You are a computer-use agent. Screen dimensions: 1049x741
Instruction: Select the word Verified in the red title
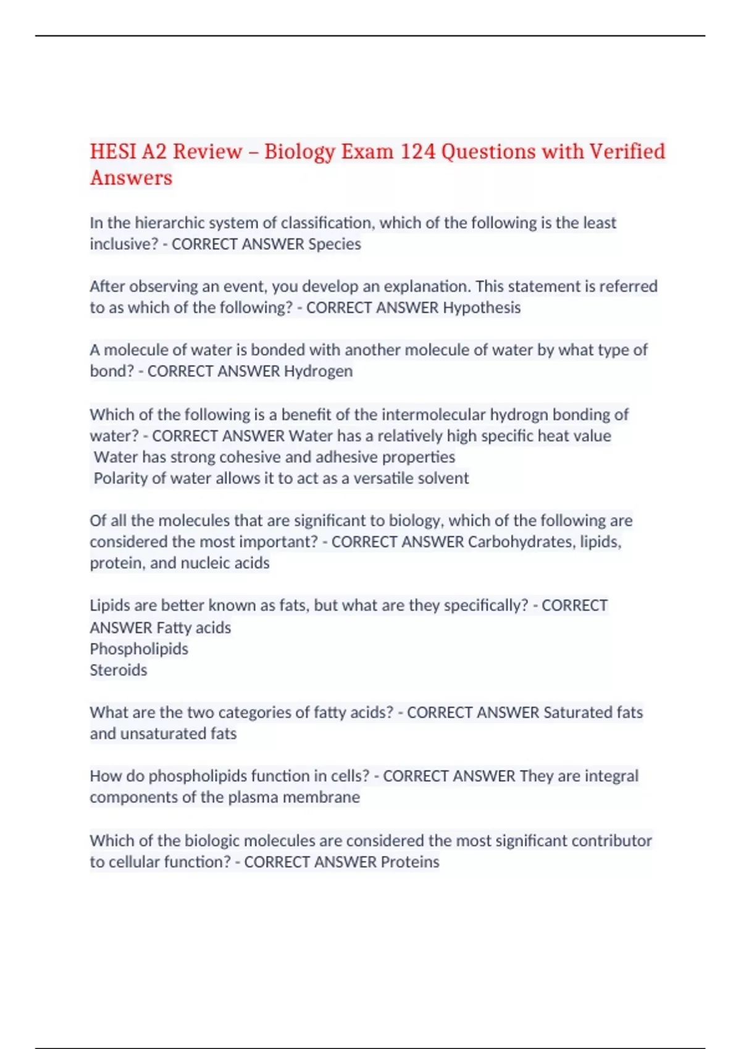pyautogui.click(x=627, y=152)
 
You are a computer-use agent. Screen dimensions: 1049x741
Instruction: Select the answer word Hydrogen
pyautogui.click(x=318, y=371)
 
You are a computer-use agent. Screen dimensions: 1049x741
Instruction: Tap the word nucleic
pyautogui.click(x=204, y=563)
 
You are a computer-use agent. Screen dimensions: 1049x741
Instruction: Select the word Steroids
pyautogui.click(x=119, y=670)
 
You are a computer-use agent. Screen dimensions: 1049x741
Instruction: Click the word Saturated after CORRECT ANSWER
pyautogui.click(x=577, y=713)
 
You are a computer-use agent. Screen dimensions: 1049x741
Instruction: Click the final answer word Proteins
pyautogui.click(x=409, y=862)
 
